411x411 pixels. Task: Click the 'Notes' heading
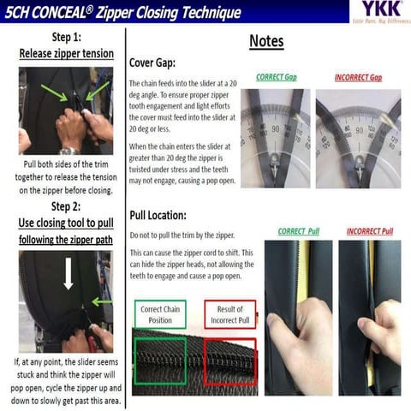pos(266,41)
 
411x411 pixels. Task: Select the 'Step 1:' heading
pos(66,39)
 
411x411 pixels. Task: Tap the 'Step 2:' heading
pos(66,206)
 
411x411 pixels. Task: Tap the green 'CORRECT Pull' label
pos(297,231)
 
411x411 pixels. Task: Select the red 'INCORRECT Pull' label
pos(370,231)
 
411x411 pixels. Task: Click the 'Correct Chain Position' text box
pos(162,314)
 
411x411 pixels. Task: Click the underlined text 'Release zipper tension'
pos(66,54)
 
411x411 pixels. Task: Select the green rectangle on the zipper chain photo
pos(161,360)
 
